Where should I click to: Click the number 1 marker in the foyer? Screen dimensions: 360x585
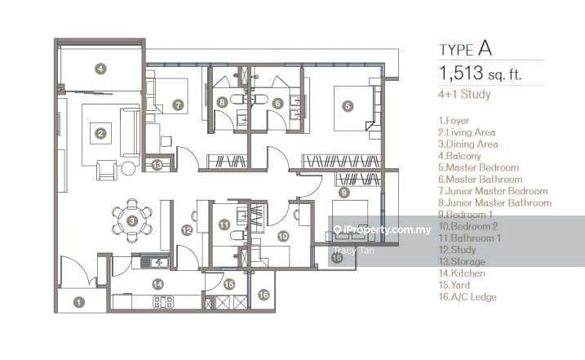coord(79,302)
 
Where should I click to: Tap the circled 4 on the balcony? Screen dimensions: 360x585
coord(100,69)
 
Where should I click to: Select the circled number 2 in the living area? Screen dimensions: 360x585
coord(100,133)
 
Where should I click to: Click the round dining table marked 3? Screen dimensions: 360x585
coord(133,220)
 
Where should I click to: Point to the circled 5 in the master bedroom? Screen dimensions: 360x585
coord(348,105)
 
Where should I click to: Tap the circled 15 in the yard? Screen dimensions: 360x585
coord(229,284)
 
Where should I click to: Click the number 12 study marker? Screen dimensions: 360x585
coord(187,231)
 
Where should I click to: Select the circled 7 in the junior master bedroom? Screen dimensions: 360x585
coord(179,105)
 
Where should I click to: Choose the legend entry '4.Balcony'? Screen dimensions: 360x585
coord(460,155)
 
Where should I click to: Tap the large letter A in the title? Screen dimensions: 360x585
coord(507,48)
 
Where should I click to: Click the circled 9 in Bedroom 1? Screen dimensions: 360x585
coord(344,193)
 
